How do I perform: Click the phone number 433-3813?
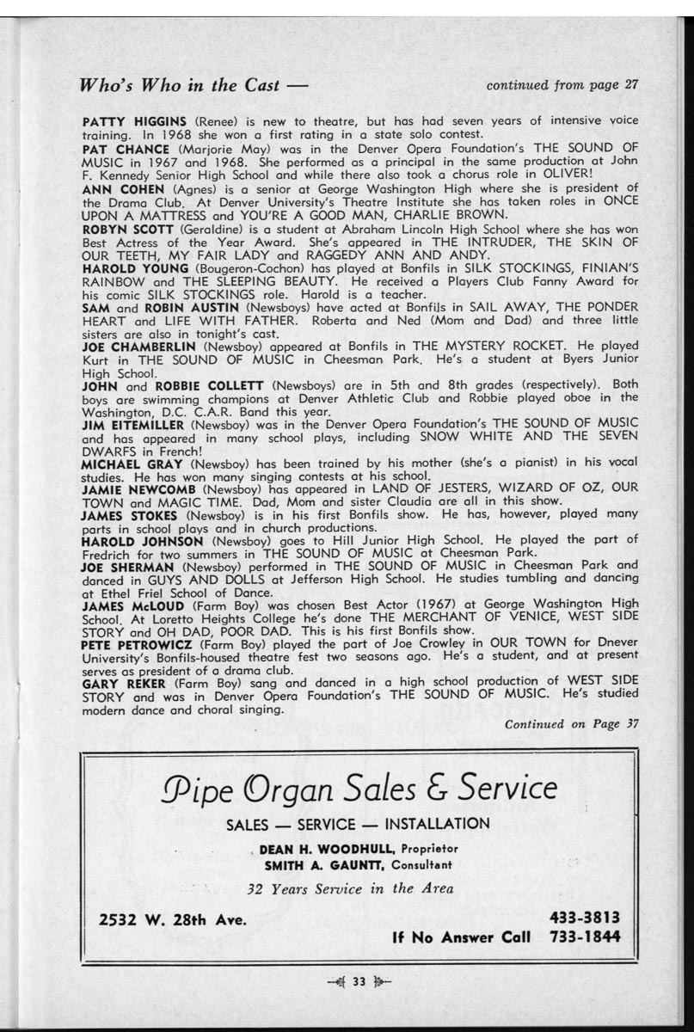pyautogui.click(x=585, y=918)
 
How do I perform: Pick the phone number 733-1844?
pyautogui.click(x=585, y=936)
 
